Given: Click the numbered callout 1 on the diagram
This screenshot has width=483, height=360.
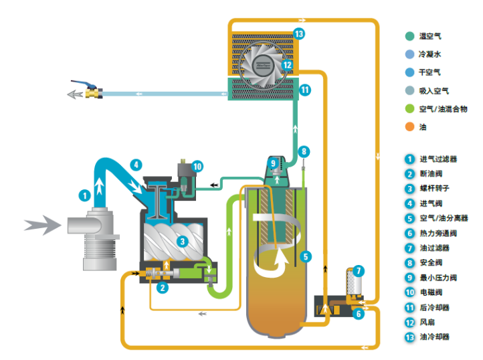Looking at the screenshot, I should coord(84,195).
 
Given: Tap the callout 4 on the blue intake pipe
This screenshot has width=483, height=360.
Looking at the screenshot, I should coord(136,164).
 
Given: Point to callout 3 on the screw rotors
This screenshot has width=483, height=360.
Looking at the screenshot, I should coord(181,241).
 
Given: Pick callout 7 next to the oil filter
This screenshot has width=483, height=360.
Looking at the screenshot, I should coord(359,271).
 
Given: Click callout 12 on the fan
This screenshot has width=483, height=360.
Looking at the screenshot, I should coord(287,65).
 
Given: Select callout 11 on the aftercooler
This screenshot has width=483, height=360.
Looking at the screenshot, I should coord(305,89).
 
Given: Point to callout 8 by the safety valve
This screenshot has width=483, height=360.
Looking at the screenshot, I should coord(304,151).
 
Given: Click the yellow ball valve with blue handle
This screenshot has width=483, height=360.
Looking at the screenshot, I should coord(92,92).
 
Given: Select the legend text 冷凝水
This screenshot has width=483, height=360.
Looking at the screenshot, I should coord(430,54).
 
